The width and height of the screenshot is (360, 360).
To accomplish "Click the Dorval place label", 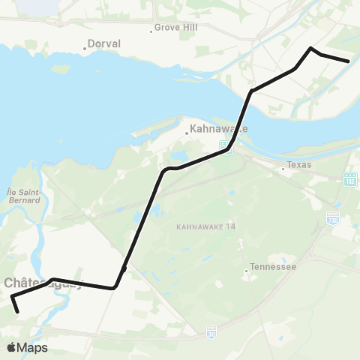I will pyautogui.click(x=104, y=44).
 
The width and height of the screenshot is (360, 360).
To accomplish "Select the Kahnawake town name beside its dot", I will pyautogui.click(x=219, y=128).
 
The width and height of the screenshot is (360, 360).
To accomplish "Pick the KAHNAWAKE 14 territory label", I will pyautogui.click(x=205, y=226).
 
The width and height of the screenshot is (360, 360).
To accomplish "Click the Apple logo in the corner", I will pyautogui.click(x=12, y=347).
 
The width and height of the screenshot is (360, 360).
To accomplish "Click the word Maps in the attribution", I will pyautogui.click(x=33, y=347).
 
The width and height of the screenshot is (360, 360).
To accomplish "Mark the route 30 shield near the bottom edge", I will pyautogui.click(x=211, y=328).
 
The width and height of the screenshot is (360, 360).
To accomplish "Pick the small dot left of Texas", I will pyautogui.click(x=283, y=169).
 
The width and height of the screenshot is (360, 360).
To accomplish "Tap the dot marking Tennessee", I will pyautogui.click(x=246, y=270).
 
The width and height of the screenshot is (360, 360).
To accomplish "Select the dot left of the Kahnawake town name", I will pyautogui.click(x=187, y=134).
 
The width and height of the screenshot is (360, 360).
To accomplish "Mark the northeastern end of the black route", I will pyautogui.click(x=349, y=61).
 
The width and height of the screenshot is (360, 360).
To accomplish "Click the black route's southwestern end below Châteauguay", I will pyautogui.click(x=17, y=311).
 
